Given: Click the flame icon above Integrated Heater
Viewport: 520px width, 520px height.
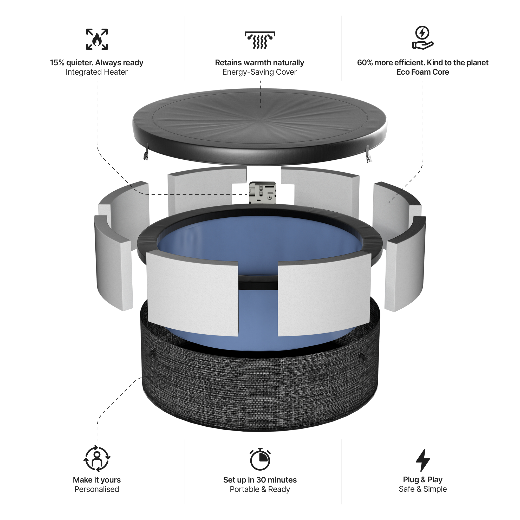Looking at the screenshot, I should (x=97, y=39).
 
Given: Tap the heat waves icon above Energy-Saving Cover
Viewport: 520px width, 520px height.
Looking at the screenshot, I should (x=260, y=40).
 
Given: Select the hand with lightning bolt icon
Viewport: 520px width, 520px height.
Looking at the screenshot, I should (x=422, y=38).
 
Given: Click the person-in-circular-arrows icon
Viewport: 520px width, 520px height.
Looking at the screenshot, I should (x=97, y=459).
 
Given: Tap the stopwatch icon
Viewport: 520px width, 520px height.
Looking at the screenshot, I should (x=260, y=459).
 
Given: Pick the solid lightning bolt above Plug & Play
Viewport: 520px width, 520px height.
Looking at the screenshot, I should (x=422, y=460).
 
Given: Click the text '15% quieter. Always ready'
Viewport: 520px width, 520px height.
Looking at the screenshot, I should (x=97, y=63).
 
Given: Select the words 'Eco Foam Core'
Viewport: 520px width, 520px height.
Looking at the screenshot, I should (x=422, y=72).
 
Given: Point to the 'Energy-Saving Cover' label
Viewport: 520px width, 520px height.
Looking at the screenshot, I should (x=259, y=72).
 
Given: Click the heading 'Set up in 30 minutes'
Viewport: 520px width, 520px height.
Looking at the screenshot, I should (x=260, y=480).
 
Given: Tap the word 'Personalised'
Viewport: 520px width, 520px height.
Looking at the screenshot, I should (x=97, y=489).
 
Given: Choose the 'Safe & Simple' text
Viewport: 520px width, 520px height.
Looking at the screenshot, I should (x=422, y=489).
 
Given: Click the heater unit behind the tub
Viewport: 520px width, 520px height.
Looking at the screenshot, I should (x=263, y=193).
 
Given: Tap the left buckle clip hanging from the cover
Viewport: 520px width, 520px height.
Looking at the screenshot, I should (x=146, y=155).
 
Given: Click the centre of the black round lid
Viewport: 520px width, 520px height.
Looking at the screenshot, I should (x=260, y=118).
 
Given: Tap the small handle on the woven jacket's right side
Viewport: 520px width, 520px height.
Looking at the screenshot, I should (x=362, y=358).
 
